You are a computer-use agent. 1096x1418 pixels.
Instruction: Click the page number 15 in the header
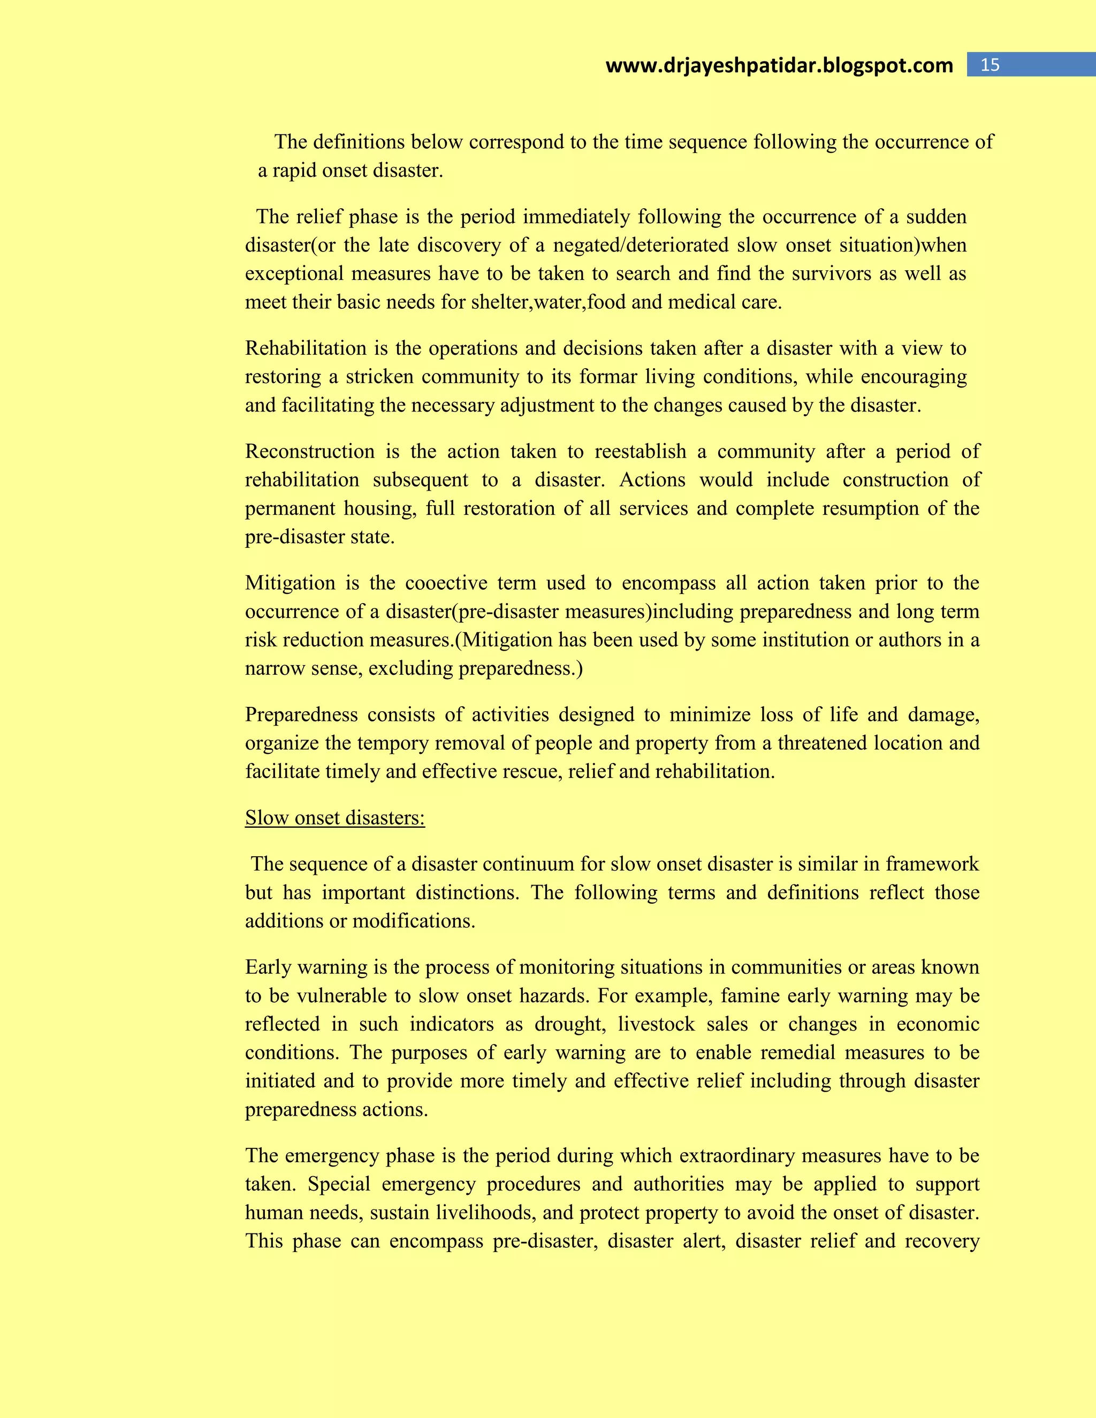point(990,65)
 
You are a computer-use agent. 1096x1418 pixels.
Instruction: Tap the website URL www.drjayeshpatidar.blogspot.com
point(779,66)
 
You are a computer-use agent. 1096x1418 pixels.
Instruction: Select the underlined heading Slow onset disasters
point(335,818)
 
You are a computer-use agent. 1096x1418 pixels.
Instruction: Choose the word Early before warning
point(268,967)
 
